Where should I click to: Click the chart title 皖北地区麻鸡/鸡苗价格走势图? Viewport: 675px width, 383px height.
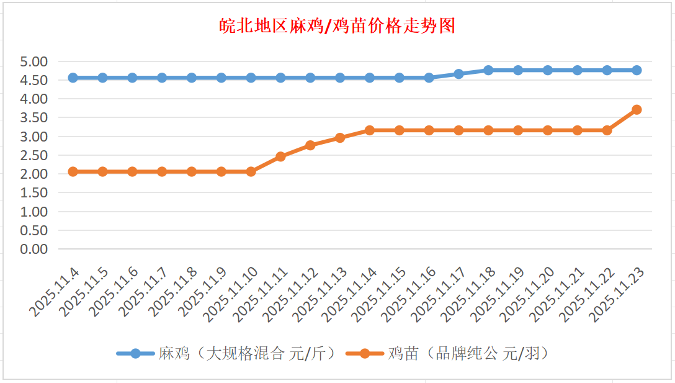[x=337, y=26]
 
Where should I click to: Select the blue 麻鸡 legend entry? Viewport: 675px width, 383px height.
[x=227, y=354]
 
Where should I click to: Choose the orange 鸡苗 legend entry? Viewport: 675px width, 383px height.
[x=447, y=354]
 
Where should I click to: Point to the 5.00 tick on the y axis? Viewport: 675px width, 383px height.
[x=34, y=61]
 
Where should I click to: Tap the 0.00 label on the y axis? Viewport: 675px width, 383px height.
[x=34, y=249]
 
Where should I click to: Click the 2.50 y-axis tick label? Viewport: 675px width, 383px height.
[x=34, y=155]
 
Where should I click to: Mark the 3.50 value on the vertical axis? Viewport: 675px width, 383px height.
[x=34, y=118]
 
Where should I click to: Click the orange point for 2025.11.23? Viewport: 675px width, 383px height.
[x=637, y=110]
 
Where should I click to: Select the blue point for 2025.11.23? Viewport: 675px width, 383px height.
[x=637, y=70]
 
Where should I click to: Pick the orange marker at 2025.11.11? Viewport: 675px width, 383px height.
[x=280, y=156]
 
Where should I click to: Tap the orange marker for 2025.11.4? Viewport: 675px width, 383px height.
[x=73, y=171]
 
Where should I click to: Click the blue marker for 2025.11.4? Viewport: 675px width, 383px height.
[x=73, y=78]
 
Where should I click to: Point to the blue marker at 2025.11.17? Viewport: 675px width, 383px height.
[x=458, y=74]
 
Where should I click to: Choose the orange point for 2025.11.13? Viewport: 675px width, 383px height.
[x=340, y=138]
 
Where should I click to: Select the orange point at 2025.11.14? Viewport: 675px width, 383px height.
[x=370, y=130]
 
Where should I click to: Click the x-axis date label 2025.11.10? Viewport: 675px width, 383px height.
[x=230, y=293]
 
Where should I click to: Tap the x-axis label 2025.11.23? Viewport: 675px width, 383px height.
[x=616, y=293]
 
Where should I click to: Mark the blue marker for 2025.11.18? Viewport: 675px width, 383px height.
[x=488, y=70]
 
